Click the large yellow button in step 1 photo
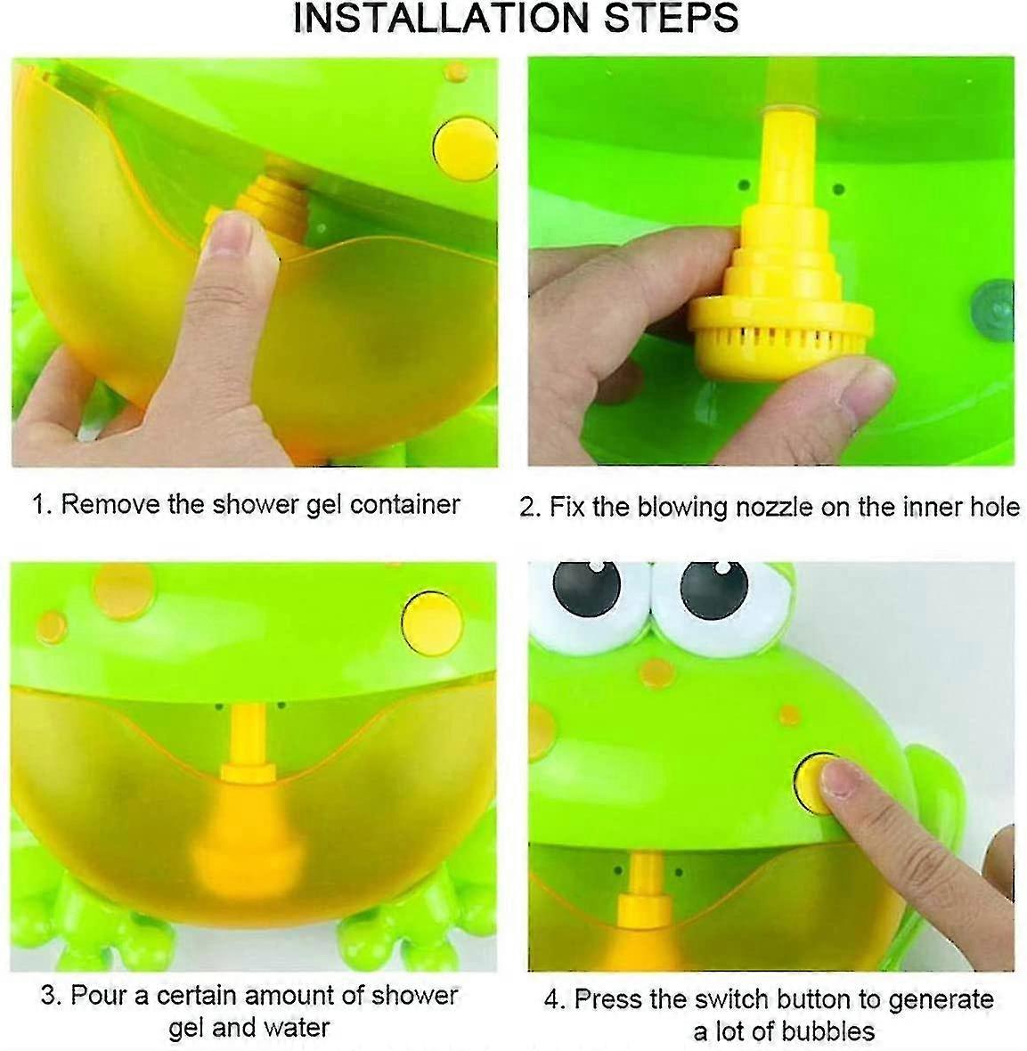click(464, 143)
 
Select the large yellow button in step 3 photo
click(432, 620)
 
